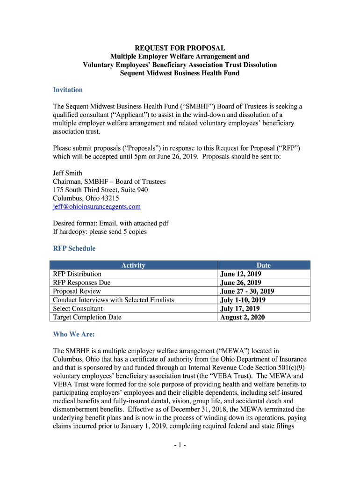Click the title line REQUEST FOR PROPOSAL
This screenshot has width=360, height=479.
coord(180,48)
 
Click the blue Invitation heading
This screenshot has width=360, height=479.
coord(68,90)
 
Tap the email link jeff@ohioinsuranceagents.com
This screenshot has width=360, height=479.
coord(97,206)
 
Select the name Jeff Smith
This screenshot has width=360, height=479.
coord(68,173)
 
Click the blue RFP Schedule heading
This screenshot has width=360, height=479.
coord(74,248)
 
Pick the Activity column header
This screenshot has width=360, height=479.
coord(133,265)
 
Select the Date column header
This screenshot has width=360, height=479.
coord(264,265)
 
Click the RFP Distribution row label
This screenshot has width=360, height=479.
coord(77,274)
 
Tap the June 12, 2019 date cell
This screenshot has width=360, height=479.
coord(241,274)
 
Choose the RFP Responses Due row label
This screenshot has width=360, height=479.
coord(82,283)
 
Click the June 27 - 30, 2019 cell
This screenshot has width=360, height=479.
coord(247,291)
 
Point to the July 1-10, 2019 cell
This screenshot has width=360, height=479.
coord(243,300)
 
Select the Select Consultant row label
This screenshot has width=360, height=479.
coord(78,308)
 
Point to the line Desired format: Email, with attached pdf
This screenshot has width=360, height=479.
coord(111,223)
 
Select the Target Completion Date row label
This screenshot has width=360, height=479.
coord(87,317)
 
